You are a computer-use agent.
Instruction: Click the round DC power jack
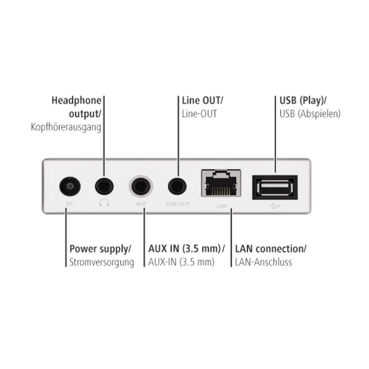[70, 186]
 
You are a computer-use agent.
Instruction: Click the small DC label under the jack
[69, 204]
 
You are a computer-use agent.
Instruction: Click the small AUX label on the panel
[141, 204]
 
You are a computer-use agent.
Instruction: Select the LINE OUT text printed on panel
[178, 204]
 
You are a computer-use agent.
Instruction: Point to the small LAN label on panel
[221, 206]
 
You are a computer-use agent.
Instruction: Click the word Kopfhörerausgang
[66, 127]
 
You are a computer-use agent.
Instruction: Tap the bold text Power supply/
[100, 249]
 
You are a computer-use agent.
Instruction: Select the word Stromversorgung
[102, 262]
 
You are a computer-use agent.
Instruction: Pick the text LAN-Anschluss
[263, 262]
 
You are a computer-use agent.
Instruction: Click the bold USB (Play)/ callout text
[304, 100]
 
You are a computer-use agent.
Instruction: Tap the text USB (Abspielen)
[310, 114]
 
